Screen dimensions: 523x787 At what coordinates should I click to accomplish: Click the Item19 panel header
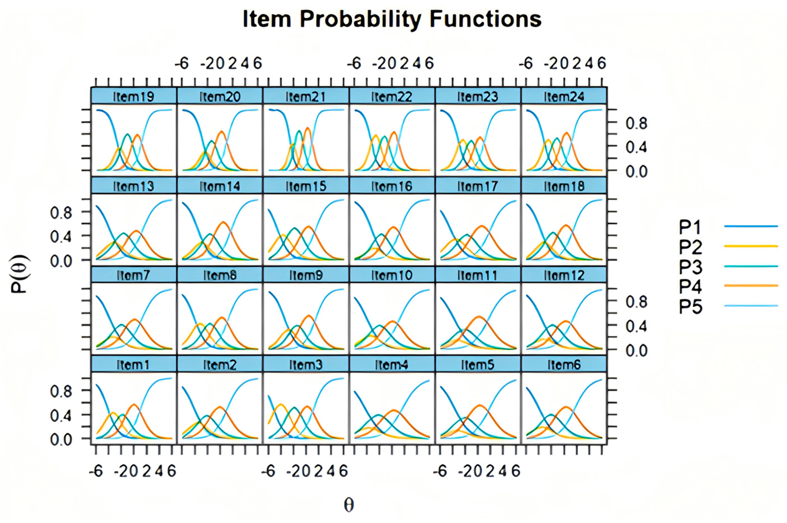(133, 96)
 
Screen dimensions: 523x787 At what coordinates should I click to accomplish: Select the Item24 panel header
(564, 96)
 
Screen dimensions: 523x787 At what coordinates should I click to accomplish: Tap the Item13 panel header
(133, 186)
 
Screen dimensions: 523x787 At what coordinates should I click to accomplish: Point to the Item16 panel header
(392, 186)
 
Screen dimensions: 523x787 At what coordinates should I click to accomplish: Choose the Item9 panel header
(306, 275)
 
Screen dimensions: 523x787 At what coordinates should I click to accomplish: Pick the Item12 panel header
(564, 275)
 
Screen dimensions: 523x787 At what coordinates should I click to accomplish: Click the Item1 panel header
(133, 365)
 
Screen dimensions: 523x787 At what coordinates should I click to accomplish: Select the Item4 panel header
(392, 365)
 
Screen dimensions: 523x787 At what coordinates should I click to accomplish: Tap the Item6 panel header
(564, 365)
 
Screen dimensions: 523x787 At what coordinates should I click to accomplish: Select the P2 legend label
(690, 247)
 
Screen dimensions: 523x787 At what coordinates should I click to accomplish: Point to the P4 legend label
(690, 287)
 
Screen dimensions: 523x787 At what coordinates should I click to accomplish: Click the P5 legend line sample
(751, 306)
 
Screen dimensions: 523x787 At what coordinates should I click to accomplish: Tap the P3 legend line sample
(751, 266)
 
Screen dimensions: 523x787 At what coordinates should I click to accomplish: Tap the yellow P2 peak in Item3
(281, 405)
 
